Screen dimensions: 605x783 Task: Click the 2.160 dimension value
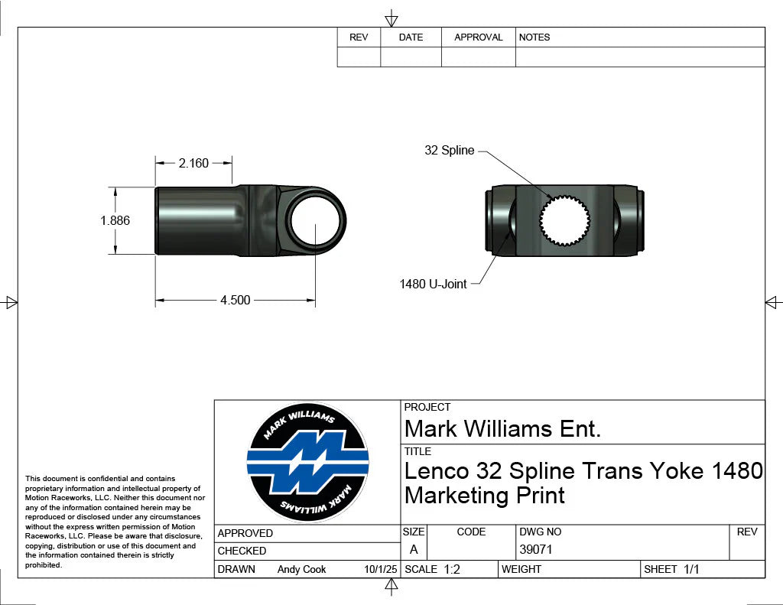tap(193, 163)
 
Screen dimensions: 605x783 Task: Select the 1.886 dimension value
tap(115, 220)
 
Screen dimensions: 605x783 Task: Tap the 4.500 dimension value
tap(235, 300)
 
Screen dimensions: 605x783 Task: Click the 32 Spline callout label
tap(449, 151)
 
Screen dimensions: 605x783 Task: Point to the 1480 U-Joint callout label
tap(433, 284)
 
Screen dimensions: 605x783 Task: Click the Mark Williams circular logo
tap(307, 462)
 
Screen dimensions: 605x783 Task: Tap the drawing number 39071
tap(535, 549)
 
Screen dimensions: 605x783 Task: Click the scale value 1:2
tap(451, 569)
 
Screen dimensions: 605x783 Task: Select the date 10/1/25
tap(381, 569)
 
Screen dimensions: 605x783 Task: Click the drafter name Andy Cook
tap(301, 569)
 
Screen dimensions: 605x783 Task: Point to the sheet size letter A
tap(414, 549)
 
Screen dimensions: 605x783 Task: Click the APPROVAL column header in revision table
tap(478, 37)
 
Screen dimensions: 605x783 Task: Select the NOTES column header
tap(534, 37)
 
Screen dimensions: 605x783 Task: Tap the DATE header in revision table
tap(411, 37)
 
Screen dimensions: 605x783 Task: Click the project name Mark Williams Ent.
tap(502, 428)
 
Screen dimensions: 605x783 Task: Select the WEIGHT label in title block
tap(521, 569)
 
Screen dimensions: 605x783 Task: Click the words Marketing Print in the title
tap(484, 496)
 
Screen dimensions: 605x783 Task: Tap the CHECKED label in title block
tap(242, 551)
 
